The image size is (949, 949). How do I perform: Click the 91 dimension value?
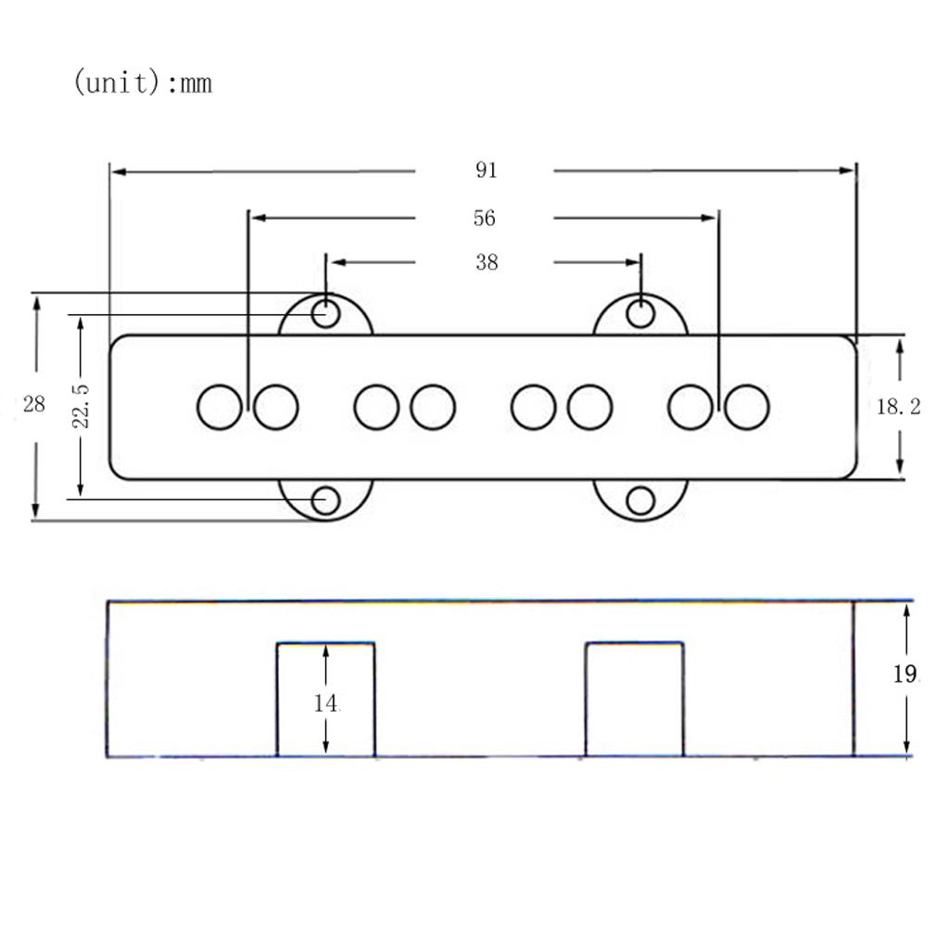[486, 171]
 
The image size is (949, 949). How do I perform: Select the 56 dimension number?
[484, 218]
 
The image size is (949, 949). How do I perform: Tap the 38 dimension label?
[487, 262]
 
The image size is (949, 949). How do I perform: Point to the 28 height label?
[34, 404]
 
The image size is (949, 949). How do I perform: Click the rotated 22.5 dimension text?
[81, 406]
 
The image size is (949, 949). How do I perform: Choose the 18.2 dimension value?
[899, 407]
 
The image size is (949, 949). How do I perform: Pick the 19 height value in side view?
[905, 675]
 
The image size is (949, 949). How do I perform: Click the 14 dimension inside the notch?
[325, 703]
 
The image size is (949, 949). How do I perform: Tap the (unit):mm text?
[143, 82]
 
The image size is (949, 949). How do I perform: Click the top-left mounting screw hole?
[325, 314]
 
